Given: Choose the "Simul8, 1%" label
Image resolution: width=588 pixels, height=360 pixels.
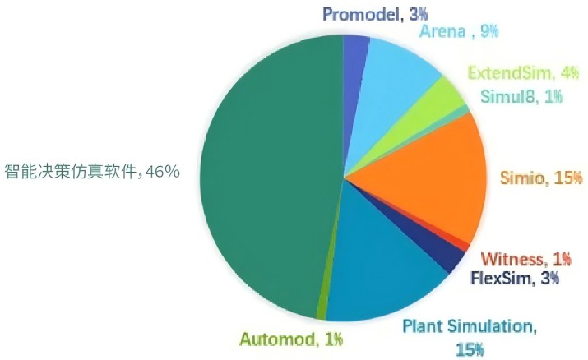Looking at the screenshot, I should [x=519, y=96].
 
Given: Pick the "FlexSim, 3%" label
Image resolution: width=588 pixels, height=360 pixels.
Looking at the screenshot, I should [x=515, y=278].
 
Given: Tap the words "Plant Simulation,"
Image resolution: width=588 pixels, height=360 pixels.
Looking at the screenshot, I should [x=469, y=327].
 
